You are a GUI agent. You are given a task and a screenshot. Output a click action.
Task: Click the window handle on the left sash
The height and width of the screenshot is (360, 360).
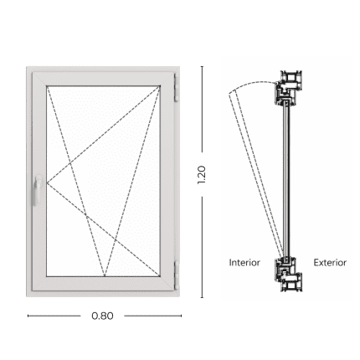pyautogui.click(x=37, y=191)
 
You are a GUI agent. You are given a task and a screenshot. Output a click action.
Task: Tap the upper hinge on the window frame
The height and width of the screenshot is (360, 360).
pyautogui.click(x=177, y=87)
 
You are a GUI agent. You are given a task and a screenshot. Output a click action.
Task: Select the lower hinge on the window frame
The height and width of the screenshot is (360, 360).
pyautogui.click(x=177, y=275)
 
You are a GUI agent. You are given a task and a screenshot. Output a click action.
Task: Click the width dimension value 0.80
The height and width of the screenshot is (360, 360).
pyautogui.click(x=102, y=316)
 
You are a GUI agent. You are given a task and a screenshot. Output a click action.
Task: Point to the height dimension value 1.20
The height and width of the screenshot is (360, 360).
pyautogui.click(x=202, y=175)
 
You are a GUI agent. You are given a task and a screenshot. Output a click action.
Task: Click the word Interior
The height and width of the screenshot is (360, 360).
pyautogui.click(x=244, y=263)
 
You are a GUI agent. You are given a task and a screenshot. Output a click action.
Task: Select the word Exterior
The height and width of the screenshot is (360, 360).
pyautogui.click(x=330, y=263)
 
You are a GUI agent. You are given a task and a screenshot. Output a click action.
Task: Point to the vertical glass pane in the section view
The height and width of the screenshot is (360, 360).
pyautogui.click(x=286, y=181)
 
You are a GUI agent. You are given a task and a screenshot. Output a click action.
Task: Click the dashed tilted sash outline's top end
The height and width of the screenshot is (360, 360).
pyautogui.click(x=231, y=92)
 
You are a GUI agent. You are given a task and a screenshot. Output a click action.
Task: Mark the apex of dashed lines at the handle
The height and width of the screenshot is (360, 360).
pyautogui.click(x=47, y=183)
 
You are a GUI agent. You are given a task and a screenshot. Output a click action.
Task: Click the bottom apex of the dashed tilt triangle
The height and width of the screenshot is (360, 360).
pyautogui.click(x=105, y=276)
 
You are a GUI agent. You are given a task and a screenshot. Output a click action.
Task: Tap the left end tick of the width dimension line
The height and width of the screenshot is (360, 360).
pyautogui.click(x=28, y=316)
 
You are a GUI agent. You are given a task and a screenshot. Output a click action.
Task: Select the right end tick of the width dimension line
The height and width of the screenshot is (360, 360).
pyautogui.click(x=182, y=316)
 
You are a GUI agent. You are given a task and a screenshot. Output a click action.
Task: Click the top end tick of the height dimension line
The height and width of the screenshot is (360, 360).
pyautogui.click(x=202, y=67)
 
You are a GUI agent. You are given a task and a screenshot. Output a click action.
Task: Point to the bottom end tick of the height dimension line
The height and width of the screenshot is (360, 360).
pyautogui.click(x=202, y=297)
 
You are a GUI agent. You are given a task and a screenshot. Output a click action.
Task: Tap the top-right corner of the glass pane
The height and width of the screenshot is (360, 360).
pyautogui.click(x=160, y=86)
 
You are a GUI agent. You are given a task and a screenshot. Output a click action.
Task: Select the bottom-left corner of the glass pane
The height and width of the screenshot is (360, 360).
pyautogui.click(x=47, y=276)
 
